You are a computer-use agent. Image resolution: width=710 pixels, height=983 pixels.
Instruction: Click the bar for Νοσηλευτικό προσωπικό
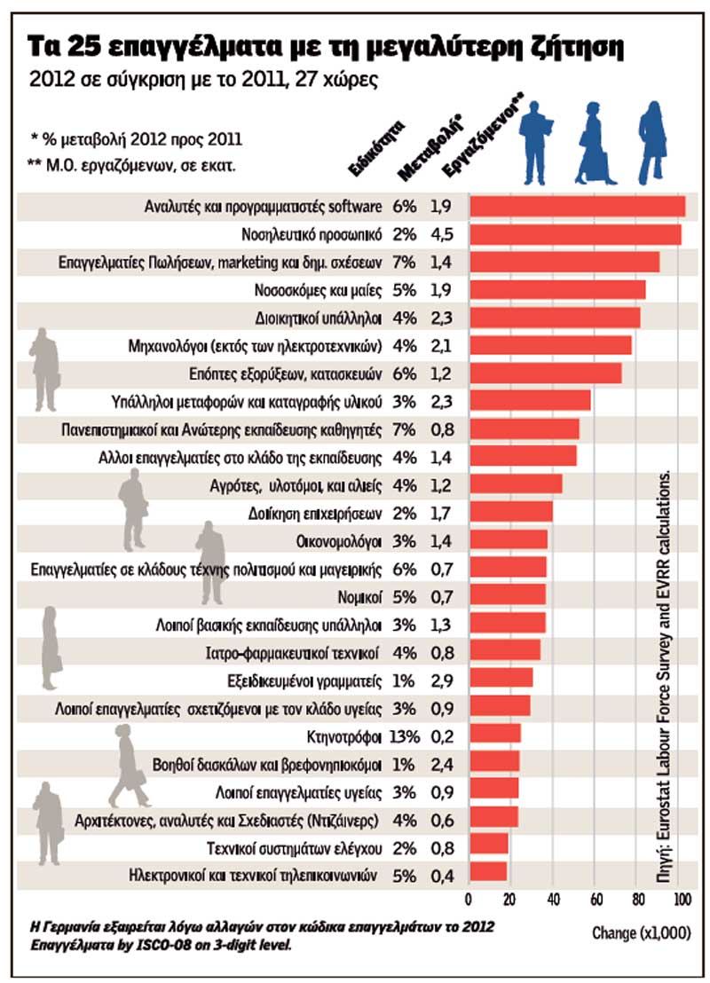point(574,235)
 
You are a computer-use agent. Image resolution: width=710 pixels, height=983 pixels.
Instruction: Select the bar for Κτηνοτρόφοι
point(494,735)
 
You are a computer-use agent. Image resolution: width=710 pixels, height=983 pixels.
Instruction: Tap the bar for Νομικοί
point(507,594)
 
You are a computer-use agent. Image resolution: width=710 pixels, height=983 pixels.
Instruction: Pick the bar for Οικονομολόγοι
point(508,539)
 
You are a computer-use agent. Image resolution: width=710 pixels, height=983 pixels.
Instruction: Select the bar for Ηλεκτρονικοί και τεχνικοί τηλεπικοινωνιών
point(487,874)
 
